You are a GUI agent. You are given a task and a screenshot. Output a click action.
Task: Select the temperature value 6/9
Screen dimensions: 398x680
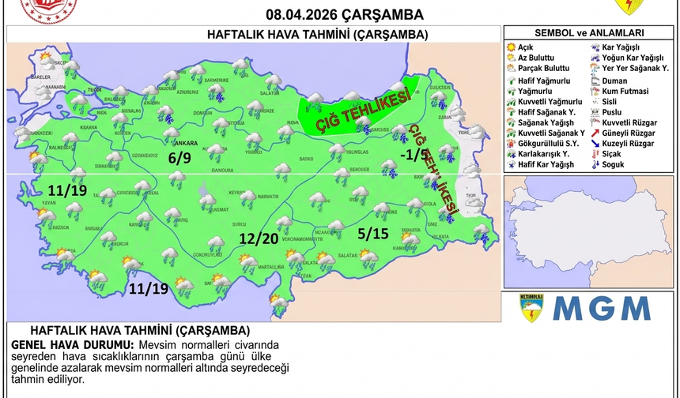coord(179,158)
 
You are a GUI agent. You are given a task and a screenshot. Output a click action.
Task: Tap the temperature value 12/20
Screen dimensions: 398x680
coord(259,238)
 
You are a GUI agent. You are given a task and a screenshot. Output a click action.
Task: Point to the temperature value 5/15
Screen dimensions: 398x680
coord(373,233)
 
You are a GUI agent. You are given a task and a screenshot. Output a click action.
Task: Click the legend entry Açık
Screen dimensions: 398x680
coord(526,47)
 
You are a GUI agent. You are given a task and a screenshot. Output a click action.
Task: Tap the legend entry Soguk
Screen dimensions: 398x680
coord(613,164)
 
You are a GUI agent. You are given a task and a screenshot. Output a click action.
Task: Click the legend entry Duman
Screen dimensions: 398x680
coord(614,80)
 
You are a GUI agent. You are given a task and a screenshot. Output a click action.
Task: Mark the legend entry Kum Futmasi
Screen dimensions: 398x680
coord(624,91)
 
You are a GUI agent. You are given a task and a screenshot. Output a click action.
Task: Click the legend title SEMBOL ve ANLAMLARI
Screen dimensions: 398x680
coord(589,33)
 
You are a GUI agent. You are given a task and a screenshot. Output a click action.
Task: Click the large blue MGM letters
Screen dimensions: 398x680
coord(601,308)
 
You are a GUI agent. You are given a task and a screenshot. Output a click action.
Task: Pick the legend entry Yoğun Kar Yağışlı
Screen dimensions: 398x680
coord(634,58)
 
